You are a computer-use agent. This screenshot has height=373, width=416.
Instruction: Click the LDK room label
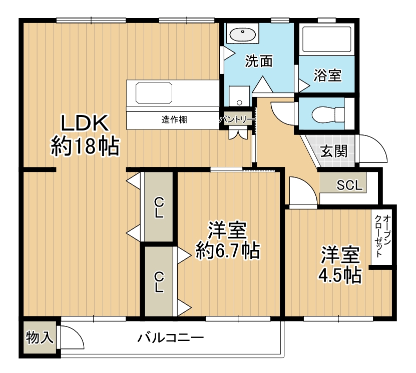[85, 122]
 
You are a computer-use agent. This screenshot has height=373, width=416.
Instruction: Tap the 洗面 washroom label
[259, 61]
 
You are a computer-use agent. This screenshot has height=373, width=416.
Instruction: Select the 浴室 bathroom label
[328, 75]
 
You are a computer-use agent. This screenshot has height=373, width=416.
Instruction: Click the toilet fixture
[328, 114]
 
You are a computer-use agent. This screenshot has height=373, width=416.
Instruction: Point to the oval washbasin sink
[242, 34]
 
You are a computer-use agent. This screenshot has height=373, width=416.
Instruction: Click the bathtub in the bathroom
[327, 39]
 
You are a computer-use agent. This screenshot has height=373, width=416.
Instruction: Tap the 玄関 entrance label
[334, 151]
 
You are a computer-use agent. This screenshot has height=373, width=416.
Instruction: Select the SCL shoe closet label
[349, 185]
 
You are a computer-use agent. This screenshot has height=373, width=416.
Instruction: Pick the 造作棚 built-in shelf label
[174, 119]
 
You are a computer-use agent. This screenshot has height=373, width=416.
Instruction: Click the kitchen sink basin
[154, 93]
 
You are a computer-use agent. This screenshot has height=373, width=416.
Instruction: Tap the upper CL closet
[159, 207]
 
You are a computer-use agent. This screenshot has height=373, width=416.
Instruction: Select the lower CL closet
[159, 281]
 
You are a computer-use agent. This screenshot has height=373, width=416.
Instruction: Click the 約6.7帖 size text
[228, 250]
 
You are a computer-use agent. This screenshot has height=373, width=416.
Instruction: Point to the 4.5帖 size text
[340, 275]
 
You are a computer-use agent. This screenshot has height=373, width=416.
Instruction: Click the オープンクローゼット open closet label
[381, 236]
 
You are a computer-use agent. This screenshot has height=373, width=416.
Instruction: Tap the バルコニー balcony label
[171, 337]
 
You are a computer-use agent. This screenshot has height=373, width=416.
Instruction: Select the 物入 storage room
[40, 337]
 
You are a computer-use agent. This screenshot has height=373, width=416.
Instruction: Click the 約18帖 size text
[85, 146]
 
